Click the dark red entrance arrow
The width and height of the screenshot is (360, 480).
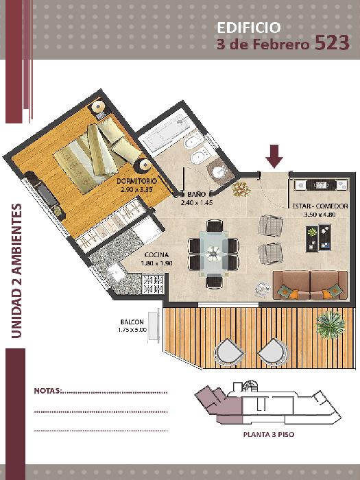(x=274, y=156)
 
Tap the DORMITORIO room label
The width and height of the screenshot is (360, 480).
(x=137, y=181)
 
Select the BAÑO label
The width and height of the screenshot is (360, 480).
(x=197, y=194)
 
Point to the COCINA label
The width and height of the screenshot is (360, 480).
(x=156, y=254)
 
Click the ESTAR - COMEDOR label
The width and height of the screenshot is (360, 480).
(x=320, y=206)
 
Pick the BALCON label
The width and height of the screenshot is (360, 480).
(x=132, y=322)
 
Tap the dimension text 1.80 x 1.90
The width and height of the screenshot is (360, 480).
(x=157, y=263)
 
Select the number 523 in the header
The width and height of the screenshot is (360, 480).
(x=332, y=43)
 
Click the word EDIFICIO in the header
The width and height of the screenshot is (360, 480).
(x=248, y=27)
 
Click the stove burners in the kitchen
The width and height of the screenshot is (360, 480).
(x=153, y=284)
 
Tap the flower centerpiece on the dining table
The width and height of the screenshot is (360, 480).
(x=213, y=253)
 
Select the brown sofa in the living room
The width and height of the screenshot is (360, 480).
(x=311, y=285)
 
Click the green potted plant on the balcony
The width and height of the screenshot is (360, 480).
(x=331, y=324)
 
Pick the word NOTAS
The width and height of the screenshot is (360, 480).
(x=48, y=391)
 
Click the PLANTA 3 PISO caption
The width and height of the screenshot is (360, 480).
(x=269, y=434)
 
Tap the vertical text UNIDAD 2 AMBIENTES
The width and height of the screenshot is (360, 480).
(x=16, y=271)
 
